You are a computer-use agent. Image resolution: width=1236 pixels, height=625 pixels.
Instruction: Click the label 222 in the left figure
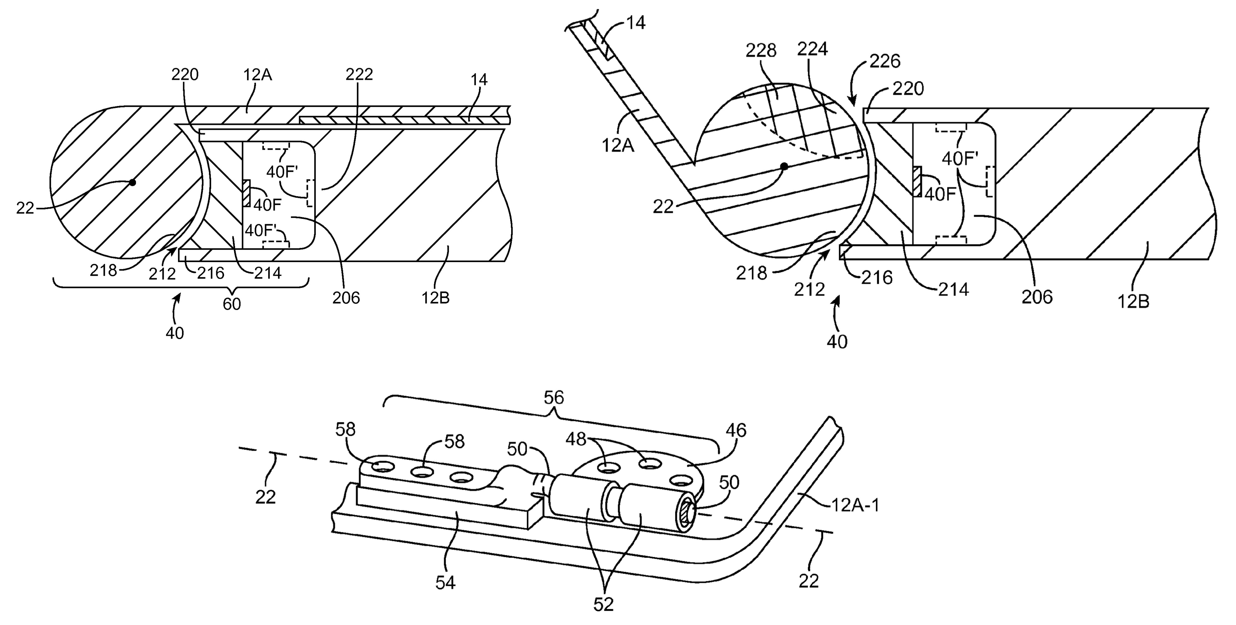coord(359,74)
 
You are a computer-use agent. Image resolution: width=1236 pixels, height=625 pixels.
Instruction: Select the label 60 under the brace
coord(232,304)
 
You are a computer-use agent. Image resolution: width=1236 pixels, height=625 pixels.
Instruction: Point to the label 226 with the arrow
coord(884,61)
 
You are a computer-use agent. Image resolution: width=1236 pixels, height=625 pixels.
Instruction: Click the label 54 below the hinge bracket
coord(445,582)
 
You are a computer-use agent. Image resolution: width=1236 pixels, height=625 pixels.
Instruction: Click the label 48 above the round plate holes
coord(576,439)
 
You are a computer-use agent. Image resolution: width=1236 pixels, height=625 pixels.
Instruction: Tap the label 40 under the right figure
coord(837,342)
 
